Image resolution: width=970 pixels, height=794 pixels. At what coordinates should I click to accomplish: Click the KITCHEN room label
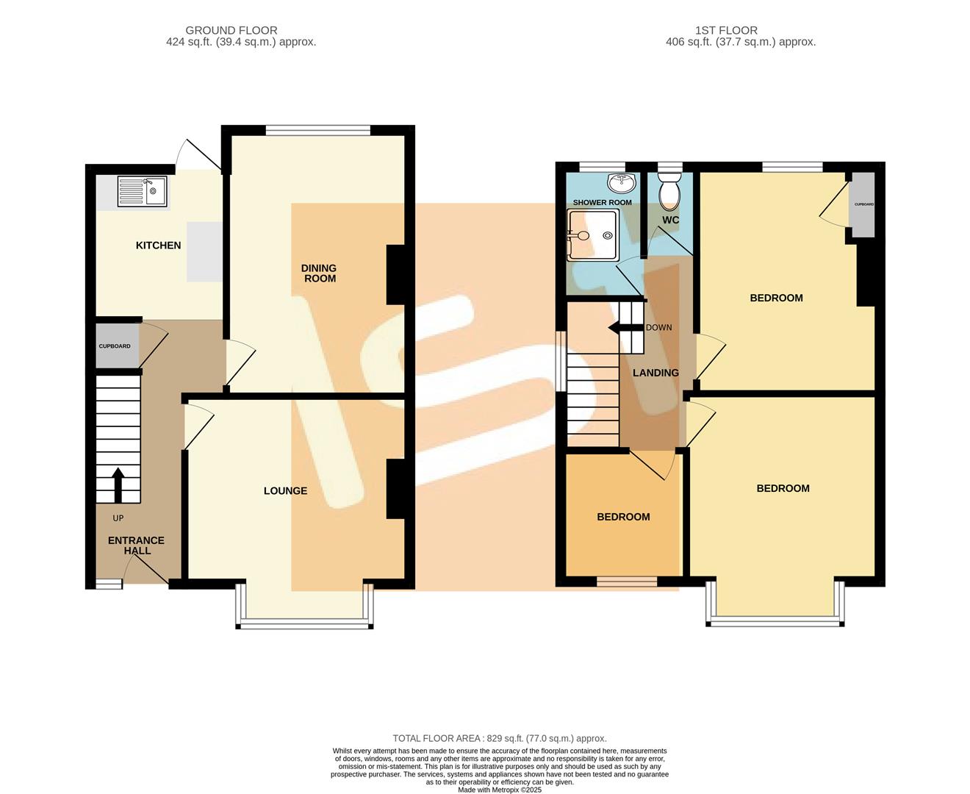[x=158, y=245]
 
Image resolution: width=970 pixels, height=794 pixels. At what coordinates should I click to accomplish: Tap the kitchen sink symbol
[x=142, y=191]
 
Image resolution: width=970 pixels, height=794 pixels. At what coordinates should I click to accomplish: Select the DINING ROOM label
[x=319, y=273]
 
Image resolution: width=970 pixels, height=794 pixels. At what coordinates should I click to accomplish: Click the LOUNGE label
[x=285, y=490]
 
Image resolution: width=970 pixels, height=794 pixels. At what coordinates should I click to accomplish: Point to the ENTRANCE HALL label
[x=136, y=545]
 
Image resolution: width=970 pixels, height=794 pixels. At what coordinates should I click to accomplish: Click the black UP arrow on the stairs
[x=117, y=486]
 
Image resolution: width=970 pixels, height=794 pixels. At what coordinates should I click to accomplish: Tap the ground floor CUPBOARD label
[x=115, y=346]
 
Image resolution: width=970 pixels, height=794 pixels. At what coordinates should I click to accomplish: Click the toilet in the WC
[x=670, y=192]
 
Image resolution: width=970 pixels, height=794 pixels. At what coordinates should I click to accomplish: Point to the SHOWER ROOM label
[x=602, y=202]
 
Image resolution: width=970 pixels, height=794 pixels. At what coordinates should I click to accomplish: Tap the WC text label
[x=670, y=220]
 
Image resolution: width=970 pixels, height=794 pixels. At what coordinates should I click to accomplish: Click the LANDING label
[x=655, y=373]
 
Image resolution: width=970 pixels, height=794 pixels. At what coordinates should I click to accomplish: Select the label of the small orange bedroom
[x=623, y=517]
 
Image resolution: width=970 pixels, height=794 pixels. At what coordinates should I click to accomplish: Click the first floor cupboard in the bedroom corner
[x=863, y=204]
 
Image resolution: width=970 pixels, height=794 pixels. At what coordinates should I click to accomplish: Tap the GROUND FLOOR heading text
[x=231, y=30]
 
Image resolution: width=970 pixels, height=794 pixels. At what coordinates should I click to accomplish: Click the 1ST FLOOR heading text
[x=726, y=30]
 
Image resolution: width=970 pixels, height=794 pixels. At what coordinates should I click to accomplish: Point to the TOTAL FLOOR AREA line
[x=500, y=738]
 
